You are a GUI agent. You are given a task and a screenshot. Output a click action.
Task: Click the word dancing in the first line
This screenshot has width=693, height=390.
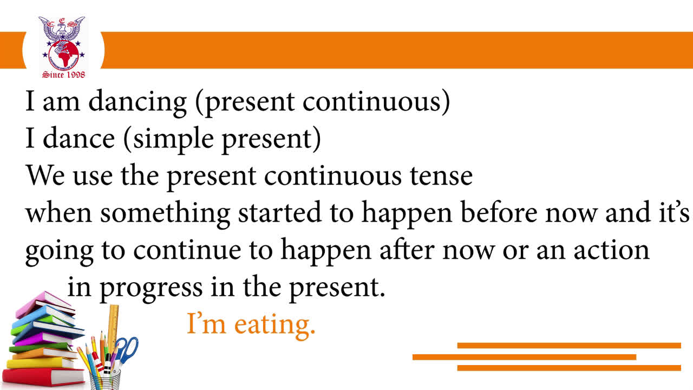click(138, 103)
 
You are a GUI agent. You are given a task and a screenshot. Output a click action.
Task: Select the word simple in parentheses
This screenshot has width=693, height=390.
click(173, 140)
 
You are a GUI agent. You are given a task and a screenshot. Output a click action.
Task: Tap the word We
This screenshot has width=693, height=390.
click(45, 176)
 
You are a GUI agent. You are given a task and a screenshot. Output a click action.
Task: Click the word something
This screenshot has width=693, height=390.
click(165, 214)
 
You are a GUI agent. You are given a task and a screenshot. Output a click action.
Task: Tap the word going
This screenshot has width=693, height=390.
click(59, 252)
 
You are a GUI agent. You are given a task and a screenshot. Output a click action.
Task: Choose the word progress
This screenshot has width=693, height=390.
click(151, 289)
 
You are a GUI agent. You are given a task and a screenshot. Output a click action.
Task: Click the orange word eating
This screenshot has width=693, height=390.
click(274, 326)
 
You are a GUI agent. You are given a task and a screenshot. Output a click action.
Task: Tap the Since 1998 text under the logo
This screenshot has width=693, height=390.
click(63, 75)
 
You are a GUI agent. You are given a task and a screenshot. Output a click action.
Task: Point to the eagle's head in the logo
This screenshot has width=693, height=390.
click(62, 29)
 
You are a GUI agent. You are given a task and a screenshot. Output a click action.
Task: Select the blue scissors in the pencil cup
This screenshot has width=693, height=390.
click(127, 352)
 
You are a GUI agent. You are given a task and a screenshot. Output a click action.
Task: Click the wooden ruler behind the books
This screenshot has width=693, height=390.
click(113, 325)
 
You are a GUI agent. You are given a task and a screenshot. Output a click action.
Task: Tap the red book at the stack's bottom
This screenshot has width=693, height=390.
click(43, 376)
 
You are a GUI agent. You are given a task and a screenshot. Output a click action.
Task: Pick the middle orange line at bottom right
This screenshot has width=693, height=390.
click(525, 357)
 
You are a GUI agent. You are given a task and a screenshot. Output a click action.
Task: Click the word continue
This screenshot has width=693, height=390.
click(187, 250)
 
